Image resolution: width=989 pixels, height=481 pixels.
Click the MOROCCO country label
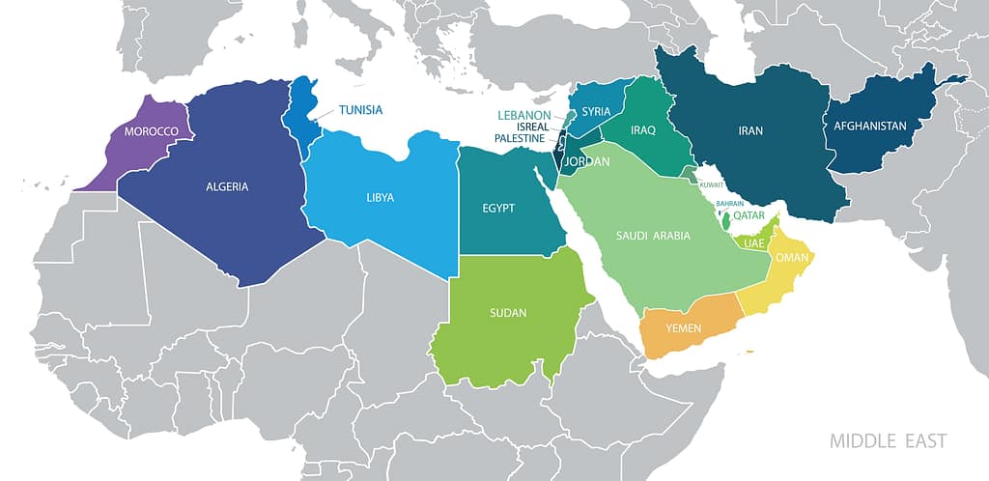tap(145, 131)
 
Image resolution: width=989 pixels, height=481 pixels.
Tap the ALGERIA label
tap(228, 186)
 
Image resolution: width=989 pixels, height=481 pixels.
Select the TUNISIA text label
tap(360, 109)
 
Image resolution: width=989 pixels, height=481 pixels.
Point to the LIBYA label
tap(380, 198)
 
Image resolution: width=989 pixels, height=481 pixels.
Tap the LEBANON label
tap(523, 115)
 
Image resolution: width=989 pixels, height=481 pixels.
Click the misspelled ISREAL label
tap(533, 127)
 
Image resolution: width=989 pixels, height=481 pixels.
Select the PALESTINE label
tap(522, 138)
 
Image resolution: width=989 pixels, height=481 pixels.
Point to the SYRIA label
tap(596, 111)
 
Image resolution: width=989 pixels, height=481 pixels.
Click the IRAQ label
tap(643, 129)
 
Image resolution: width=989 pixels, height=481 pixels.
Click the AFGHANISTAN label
tap(865, 126)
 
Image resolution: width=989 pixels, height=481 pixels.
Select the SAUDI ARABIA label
tap(654, 235)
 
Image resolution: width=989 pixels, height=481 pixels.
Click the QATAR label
tap(749, 216)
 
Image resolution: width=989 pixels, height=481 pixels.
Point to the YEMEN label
tap(684, 328)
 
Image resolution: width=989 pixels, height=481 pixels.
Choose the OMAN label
tap(791, 257)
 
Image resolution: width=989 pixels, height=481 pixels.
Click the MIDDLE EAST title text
tap(889, 441)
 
